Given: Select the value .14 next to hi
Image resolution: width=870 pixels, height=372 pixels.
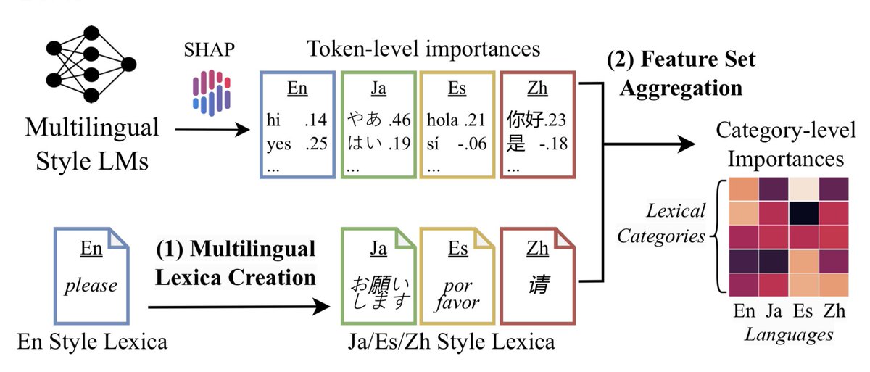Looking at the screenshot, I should click(316, 118).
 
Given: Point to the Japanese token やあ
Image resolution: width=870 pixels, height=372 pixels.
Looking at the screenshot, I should click(365, 118).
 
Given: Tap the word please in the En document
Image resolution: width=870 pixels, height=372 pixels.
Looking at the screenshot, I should click(91, 284).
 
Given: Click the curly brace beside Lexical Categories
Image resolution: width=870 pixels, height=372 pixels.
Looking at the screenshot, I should click(719, 236).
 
